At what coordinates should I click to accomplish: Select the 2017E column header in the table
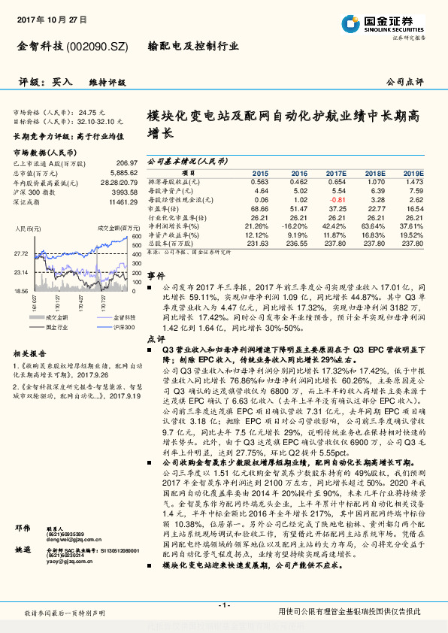tap(337, 173)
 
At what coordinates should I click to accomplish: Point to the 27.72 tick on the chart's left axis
tap(22, 254)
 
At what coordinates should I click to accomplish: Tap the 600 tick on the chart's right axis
tap(135, 237)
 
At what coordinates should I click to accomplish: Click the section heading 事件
tap(155, 276)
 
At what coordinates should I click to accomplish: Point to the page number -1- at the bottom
tap(223, 604)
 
